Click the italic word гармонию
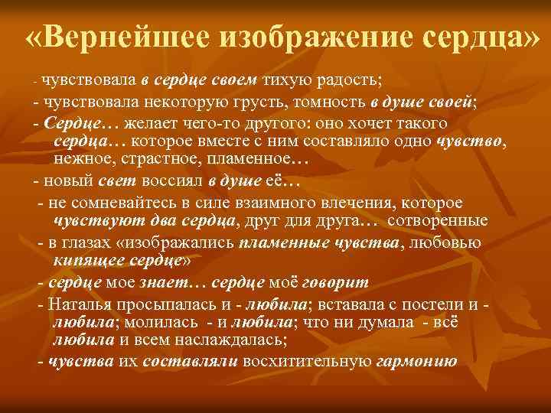click(416, 363)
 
